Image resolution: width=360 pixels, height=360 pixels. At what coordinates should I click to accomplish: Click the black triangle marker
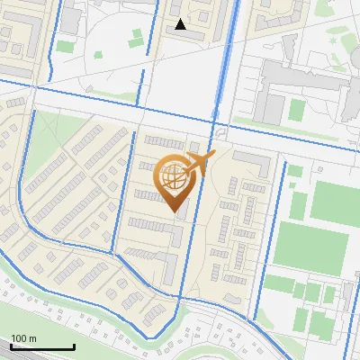181,24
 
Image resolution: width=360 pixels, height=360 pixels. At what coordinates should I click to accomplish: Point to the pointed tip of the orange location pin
176,211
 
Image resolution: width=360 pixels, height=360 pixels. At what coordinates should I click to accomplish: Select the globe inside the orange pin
175,177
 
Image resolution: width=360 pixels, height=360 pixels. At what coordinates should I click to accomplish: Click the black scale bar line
41,347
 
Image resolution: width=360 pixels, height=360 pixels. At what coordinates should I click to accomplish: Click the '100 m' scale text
23,338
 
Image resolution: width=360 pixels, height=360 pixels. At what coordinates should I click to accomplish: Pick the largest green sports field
310,247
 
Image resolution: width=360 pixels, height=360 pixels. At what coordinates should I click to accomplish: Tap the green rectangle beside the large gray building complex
296,110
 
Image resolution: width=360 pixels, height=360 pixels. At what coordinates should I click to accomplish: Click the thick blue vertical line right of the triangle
222,54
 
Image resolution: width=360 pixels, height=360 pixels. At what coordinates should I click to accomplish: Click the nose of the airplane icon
214,155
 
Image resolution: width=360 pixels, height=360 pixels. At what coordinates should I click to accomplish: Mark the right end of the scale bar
74,347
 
